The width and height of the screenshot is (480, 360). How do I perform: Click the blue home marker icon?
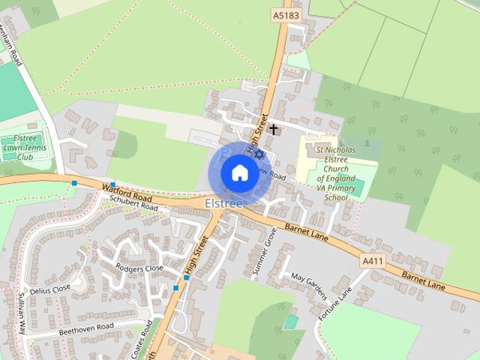(x=239, y=173)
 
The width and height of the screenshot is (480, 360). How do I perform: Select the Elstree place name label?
(x=223, y=203)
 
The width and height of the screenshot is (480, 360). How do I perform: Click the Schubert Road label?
(x=134, y=203)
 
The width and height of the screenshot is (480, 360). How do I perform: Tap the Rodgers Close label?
(x=139, y=268)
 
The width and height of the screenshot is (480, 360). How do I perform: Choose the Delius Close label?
(x=50, y=287)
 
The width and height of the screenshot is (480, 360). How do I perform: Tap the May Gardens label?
(x=310, y=286)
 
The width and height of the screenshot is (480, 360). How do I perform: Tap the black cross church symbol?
(x=274, y=129)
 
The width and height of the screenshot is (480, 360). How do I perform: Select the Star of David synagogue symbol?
(x=260, y=154)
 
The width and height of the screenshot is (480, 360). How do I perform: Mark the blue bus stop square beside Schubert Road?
(x=112, y=184)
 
